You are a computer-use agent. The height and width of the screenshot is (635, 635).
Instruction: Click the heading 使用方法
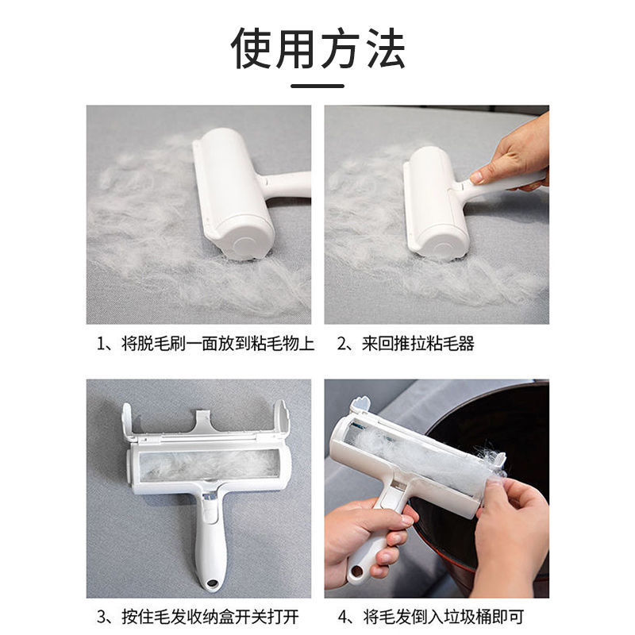point(318,48)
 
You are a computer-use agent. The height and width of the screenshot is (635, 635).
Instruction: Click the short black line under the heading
point(317,86)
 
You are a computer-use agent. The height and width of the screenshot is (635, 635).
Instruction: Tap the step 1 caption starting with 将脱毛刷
point(217,344)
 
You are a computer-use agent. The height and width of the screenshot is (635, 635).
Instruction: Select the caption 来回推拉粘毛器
point(418,344)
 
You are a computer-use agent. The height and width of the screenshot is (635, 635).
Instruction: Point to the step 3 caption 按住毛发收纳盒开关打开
point(210,617)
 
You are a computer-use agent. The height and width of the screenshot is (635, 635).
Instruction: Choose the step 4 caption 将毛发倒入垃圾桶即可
point(444,617)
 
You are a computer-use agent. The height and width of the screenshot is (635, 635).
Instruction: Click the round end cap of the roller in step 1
point(243,245)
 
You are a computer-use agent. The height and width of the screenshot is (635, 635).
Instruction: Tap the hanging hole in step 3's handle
point(211,583)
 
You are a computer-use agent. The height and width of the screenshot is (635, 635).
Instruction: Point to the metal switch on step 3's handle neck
point(210,497)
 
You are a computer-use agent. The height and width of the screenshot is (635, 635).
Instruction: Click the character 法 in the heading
point(386,48)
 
